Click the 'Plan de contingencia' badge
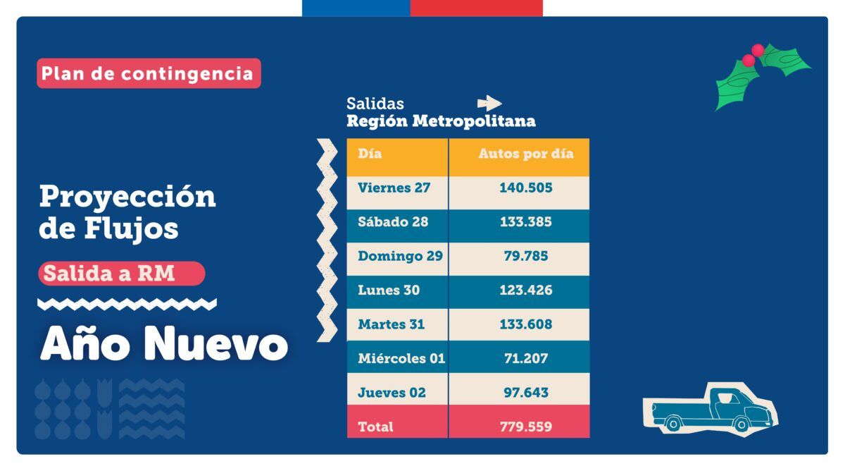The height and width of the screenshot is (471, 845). coord(148,73)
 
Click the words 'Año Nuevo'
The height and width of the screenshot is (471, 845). coord(164,345)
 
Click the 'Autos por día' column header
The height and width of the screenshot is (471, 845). coord(526,154)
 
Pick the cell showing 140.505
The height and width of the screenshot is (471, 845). coord(526,188)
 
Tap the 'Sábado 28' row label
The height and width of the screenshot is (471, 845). coord(393,221)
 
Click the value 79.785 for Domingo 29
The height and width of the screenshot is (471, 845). coord(526,256)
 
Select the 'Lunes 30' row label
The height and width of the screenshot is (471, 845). coord(388,290)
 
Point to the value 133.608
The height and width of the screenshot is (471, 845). coord(526,324)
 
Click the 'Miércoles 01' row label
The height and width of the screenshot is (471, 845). coord(401,358)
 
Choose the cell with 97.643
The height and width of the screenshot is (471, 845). coord(526,393)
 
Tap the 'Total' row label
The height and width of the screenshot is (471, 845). coord(375,427)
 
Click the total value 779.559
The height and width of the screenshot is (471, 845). coord(526,427)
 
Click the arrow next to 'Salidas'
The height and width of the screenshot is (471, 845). coord(489,103)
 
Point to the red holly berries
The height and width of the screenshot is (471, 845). coord(753,55)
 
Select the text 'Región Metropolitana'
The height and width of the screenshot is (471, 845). coord(441,121)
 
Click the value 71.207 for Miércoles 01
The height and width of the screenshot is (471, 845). coord(526,358)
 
